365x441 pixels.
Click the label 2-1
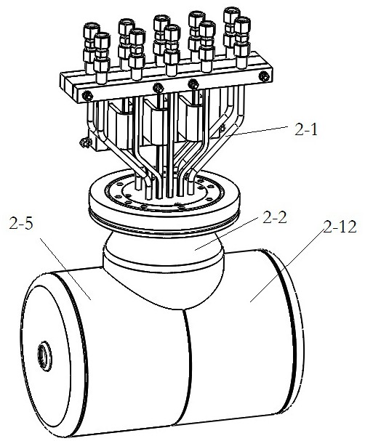[x=306, y=130]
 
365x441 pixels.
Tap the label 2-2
[x=274, y=217]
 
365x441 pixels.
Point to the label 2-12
[x=340, y=227]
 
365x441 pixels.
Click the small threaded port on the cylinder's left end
[x=44, y=353]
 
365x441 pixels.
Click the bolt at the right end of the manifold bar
[x=264, y=76]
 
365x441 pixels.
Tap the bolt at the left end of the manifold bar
[x=87, y=96]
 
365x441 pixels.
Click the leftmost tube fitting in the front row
[x=102, y=57]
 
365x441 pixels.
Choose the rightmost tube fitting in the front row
[x=242, y=42]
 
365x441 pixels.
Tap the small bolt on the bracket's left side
[x=84, y=142]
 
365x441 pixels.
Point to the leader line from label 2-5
[x=65, y=269]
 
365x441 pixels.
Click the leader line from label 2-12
[x=286, y=266]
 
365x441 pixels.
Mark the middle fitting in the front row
[x=172, y=50]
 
